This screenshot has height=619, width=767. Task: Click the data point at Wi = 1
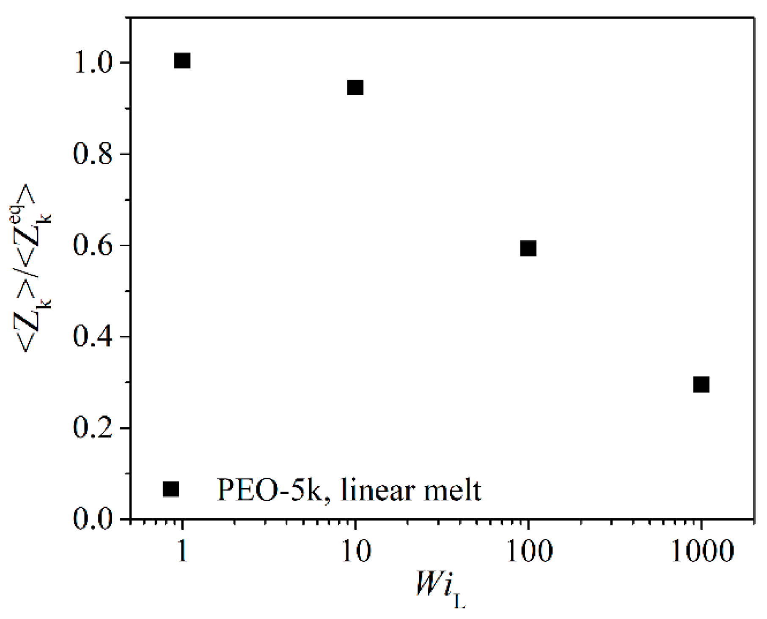[182, 61]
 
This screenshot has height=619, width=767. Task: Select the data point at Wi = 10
[355, 88]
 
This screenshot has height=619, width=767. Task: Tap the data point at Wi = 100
[528, 248]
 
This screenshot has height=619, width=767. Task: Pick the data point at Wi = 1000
[701, 385]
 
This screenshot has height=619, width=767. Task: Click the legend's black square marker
[171, 489]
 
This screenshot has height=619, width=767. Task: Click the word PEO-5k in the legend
[269, 490]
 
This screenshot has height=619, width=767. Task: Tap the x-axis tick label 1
[182, 551]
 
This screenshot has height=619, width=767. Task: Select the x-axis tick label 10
[356, 551]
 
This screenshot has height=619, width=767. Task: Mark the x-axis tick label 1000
[702, 551]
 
